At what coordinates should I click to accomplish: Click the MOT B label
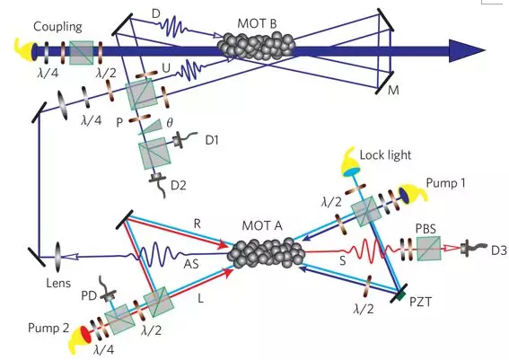pos(257,23)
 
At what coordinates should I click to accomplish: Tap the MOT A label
pos(262,225)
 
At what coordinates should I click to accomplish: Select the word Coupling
pos(57,27)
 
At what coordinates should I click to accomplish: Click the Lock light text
pos(385,155)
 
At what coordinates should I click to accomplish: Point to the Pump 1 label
pos(445,183)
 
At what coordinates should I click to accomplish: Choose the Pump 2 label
pos(48,328)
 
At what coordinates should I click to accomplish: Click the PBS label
pos(426,229)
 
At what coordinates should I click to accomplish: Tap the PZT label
pos(420,302)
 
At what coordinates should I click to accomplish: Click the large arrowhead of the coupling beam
pos(467,50)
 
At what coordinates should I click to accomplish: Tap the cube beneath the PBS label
pos(428,249)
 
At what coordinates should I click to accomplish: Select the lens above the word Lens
pos(58,256)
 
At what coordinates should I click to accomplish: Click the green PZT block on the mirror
pos(401,294)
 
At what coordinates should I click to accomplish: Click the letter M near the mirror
pos(393,91)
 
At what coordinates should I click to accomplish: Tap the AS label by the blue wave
pos(191,265)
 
